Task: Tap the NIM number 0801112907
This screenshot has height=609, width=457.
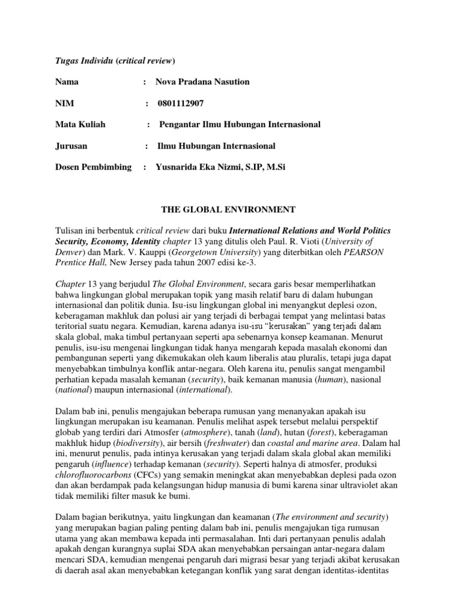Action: click(x=181, y=103)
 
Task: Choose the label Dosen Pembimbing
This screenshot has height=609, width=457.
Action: click(x=93, y=167)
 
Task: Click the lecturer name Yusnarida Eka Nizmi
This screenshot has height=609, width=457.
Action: click(x=202, y=167)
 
